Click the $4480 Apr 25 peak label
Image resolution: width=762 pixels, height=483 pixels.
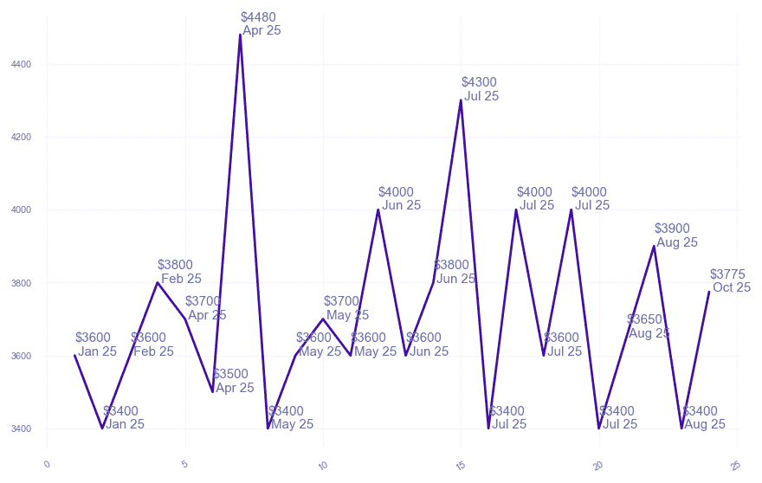click(261, 23)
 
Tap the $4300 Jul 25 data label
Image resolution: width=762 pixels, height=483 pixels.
click(480, 89)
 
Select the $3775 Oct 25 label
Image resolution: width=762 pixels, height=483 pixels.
click(730, 281)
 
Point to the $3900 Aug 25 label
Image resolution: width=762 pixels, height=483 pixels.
click(675, 235)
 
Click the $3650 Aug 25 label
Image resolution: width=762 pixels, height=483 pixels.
click(648, 326)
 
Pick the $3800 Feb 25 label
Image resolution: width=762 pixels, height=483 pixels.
click(179, 272)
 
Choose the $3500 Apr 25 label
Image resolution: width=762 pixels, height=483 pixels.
click(234, 381)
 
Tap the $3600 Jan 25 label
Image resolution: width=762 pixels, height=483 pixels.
click(96, 345)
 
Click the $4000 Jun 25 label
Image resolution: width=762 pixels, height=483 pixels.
click(399, 199)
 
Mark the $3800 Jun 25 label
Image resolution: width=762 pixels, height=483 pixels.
click(455, 272)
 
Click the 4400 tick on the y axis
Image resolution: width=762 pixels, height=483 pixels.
click(22, 64)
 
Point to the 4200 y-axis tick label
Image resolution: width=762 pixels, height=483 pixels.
click(22, 137)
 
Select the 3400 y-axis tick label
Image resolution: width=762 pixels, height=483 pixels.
click(22, 428)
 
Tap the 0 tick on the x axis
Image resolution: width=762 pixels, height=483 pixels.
click(48, 464)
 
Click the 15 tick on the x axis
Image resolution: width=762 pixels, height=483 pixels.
click(460, 465)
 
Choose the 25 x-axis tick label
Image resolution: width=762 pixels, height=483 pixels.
click(735, 465)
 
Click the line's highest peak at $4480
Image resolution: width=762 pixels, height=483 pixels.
click(240, 35)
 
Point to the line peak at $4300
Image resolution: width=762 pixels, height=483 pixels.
click(461, 100)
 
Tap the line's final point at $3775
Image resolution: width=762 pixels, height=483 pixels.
click(708, 292)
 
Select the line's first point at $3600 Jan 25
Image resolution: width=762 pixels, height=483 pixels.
click(75, 356)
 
